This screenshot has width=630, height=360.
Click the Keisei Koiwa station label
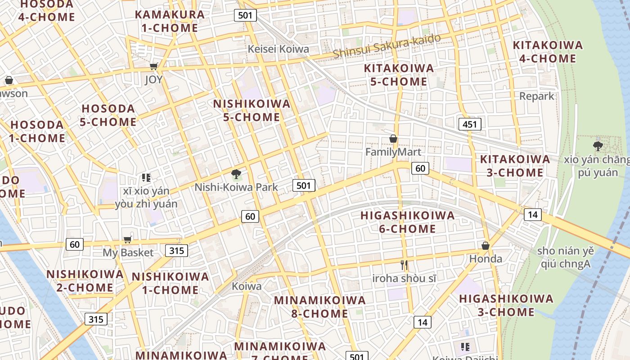(x=279, y=49)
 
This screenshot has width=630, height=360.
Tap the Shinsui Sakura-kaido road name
(x=387, y=46)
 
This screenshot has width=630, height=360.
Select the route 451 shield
(x=470, y=124)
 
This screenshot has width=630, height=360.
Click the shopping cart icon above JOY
(x=153, y=67)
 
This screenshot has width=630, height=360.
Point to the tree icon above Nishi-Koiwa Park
(x=236, y=174)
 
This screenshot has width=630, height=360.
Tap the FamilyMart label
(x=393, y=152)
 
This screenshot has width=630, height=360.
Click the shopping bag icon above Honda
(x=486, y=246)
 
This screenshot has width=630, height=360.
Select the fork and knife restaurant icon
(x=404, y=265)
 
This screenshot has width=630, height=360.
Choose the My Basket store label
(x=128, y=252)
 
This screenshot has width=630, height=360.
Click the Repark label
(x=537, y=96)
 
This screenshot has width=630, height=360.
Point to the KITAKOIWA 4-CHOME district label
(x=548, y=52)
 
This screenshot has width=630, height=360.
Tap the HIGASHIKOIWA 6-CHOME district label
(x=408, y=222)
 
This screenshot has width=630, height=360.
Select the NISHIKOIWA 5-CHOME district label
(x=252, y=110)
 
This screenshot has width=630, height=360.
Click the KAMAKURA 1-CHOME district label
(x=170, y=21)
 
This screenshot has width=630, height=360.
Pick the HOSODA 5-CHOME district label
(x=108, y=115)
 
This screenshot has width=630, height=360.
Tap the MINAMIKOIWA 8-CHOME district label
(x=319, y=306)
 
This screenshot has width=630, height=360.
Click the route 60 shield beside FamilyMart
(x=420, y=168)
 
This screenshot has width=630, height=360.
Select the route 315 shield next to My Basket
(x=176, y=250)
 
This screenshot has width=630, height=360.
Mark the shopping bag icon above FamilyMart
(x=393, y=139)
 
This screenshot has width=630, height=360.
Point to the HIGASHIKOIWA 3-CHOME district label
(x=506, y=305)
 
